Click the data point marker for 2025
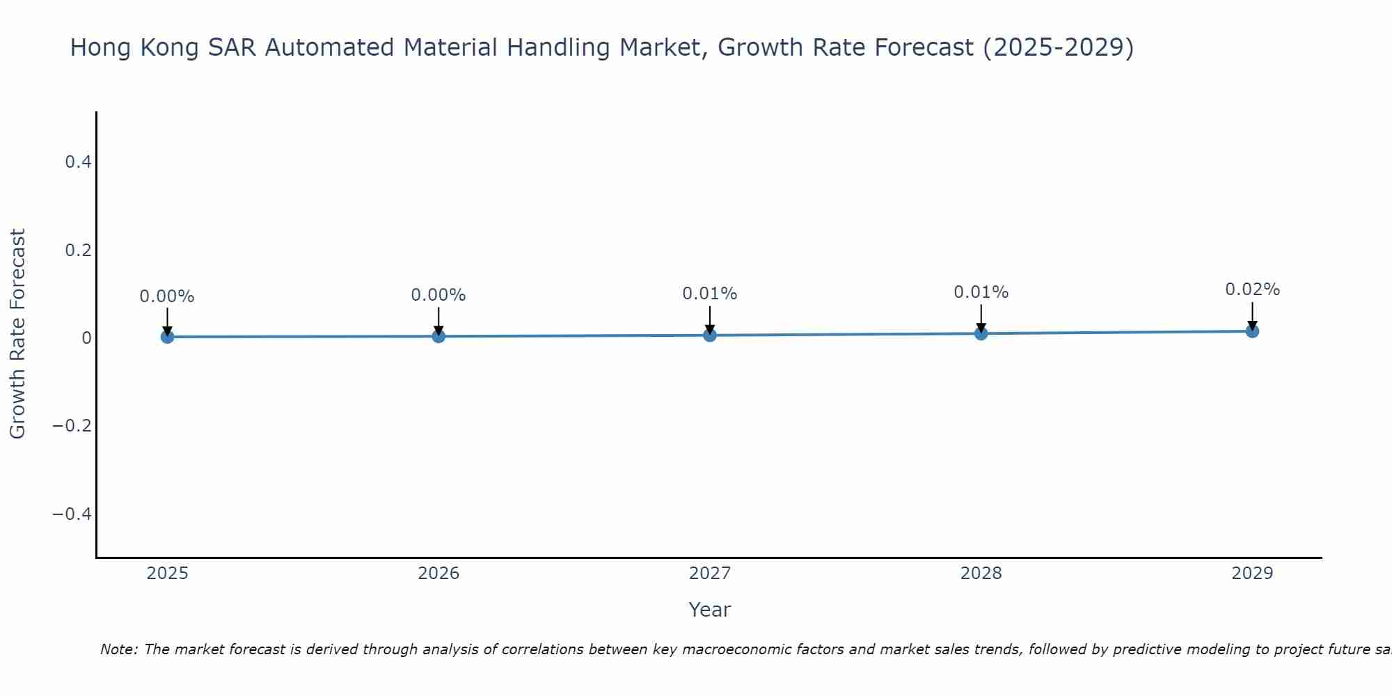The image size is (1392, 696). (x=167, y=337)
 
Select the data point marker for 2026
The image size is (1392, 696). (x=438, y=336)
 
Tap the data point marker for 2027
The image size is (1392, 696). (x=709, y=335)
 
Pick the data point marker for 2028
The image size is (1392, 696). (x=981, y=333)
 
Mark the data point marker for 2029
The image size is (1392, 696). (x=1252, y=331)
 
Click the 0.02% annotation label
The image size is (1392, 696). (x=1252, y=290)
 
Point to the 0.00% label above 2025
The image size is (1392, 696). (x=167, y=296)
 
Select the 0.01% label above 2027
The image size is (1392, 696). (x=709, y=294)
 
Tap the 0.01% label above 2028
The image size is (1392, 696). (x=981, y=292)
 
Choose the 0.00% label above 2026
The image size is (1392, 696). (x=438, y=295)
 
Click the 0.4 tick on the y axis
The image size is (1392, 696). (x=78, y=162)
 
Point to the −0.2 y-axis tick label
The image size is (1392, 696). (x=72, y=425)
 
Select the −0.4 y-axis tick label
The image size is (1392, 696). (x=72, y=514)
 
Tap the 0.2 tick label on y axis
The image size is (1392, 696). (x=78, y=250)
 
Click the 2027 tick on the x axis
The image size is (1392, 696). (x=709, y=574)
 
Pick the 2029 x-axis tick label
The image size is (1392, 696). (x=1252, y=574)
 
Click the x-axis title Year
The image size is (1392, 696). (x=709, y=610)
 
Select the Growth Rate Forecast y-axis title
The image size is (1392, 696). (x=17, y=334)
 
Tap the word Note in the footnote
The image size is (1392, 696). (x=118, y=649)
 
